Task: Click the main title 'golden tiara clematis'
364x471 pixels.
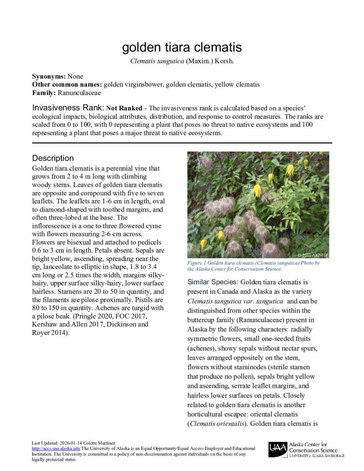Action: (x=181, y=47)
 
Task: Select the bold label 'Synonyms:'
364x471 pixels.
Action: (x=49, y=76)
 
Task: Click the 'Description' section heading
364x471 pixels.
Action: (x=53, y=158)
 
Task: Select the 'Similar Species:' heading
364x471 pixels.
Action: (x=213, y=281)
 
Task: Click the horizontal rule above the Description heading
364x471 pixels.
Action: (x=181, y=143)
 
